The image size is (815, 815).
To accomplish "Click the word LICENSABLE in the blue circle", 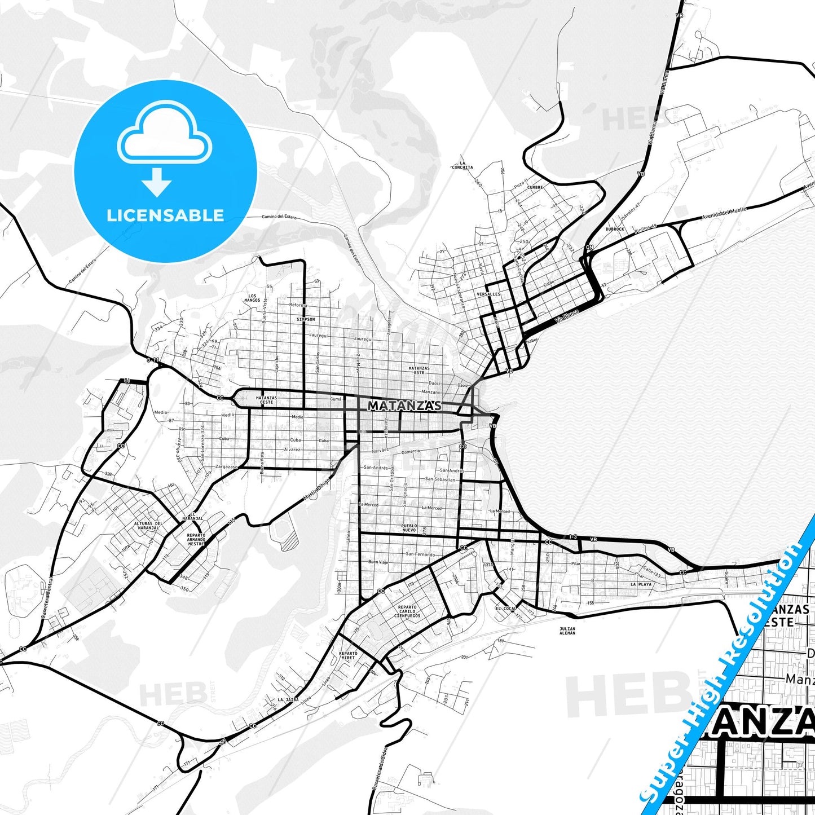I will pos(165,215).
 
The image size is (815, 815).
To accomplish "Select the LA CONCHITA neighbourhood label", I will pos(462,165).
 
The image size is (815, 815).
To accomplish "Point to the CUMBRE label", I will pos(535,187).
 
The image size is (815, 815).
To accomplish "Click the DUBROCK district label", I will pos(615,229).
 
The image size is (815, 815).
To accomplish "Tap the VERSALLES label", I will pos(488,294).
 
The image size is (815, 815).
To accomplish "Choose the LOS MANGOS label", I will pos(253,298).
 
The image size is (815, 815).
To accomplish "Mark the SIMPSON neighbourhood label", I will pos(306,319).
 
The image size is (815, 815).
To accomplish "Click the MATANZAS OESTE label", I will pos(266,400).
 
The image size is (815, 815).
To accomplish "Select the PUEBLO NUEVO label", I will pos(409,528).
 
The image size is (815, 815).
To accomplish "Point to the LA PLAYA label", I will pos(641,584).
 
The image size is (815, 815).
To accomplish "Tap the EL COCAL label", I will pos(506,609).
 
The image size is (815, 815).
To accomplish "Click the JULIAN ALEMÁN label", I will pos(567,631).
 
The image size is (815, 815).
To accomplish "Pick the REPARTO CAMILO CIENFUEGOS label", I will pos(407,611).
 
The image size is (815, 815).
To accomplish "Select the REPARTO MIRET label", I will pos(348,655).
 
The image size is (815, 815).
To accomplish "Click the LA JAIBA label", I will pos(288,699).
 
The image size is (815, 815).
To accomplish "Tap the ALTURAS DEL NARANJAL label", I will pos(147,526).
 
